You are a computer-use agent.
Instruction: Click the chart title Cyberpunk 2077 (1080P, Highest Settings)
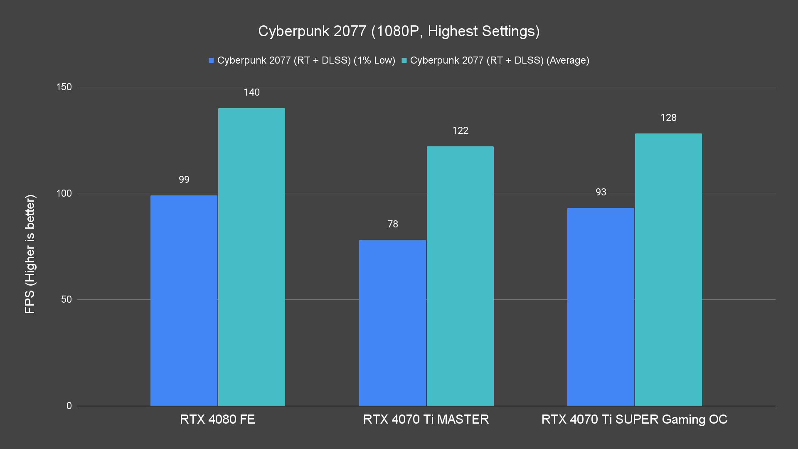[x=399, y=31]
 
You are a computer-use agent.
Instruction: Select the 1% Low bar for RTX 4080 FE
[x=184, y=300]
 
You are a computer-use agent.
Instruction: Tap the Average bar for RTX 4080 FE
[x=251, y=257]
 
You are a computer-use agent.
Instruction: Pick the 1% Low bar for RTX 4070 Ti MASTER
[x=392, y=323]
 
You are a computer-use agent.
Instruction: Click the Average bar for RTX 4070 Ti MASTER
[x=460, y=276]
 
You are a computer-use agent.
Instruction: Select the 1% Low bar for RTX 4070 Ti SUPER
[x=601, y=307]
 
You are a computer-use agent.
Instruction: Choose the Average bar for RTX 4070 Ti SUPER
[x=668, y=269]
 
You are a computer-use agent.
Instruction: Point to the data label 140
[x=251, y=92]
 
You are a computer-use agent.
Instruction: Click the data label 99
[x=184, y=180]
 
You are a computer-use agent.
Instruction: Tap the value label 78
[x=392, y=224]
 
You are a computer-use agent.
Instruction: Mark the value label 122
[x=460, y=131]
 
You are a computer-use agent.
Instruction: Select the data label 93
[x=601, y=192]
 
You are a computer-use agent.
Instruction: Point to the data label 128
[x=668, y=118]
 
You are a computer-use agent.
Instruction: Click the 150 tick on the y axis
[x=64, y=87]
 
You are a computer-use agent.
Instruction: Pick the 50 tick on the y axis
[x=66, y=299]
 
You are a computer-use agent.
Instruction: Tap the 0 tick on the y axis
[x=69, y=406]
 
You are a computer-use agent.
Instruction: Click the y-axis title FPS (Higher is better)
[x=30, y=254]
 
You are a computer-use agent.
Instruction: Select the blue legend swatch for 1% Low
[x=211, y=60]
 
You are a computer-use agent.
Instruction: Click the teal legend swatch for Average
[x=404, y=60]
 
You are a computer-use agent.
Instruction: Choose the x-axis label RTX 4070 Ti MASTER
[x=426, y=419]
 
